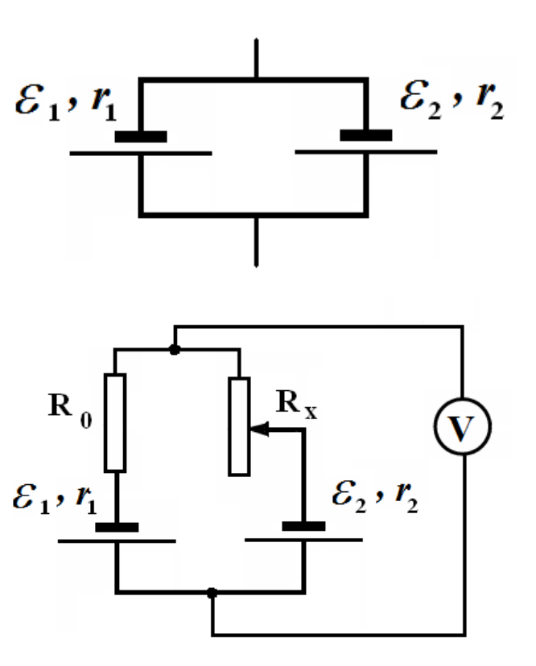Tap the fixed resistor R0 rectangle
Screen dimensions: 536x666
115,423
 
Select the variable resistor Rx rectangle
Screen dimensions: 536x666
239,426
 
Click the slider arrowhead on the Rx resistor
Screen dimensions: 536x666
259,430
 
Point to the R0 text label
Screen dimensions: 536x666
70,410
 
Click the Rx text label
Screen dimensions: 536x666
296,404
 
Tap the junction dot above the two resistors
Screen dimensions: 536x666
175,350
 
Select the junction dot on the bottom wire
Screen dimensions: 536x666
212,593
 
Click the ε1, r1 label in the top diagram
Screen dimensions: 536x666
66,103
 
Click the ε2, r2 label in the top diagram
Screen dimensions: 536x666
451,101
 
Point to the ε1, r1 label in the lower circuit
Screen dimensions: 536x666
55,498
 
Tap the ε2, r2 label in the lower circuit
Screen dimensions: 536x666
375,496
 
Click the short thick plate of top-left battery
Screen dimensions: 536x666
141,137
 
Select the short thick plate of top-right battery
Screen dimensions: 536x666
366,135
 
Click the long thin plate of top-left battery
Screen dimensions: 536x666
141,154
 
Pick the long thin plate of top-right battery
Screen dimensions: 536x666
366,152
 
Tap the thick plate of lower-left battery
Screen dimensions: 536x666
117,528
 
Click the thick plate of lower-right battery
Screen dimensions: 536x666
303,526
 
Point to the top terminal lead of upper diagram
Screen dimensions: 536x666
256,59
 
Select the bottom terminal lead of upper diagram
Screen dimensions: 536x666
256,242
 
